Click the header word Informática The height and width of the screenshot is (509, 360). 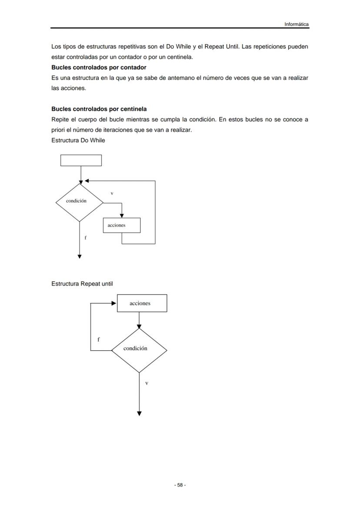[297, 24]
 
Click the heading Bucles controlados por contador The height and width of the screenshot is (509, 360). [99, 67]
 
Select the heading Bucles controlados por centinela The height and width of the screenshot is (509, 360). [99, 109]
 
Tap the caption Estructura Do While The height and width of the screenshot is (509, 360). [78, 140]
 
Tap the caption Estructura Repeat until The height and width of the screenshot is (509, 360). [82, 284]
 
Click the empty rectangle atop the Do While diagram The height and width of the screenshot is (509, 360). [81, 160]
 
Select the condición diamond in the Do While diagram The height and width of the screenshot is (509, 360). [79, 202]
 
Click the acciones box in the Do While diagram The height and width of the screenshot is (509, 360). [122, 225]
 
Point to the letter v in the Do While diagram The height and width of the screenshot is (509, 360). [112, 193]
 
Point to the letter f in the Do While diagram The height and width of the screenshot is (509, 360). [85, 238]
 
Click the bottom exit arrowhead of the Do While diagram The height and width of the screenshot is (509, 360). [80, 256]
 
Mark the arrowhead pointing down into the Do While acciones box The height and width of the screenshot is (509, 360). [122, 215]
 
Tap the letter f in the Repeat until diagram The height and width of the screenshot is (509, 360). [98, 339]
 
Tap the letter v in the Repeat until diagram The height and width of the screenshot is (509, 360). [147, 383]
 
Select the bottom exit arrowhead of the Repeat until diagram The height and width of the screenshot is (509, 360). [139, 413]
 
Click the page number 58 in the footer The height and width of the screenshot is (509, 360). [180, 485]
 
